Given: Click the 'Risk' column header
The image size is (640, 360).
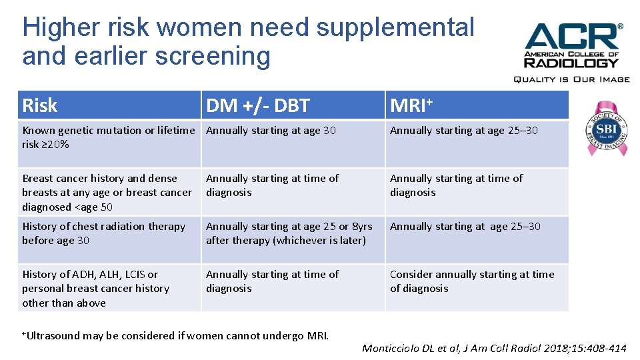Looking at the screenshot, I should click(x=40, y=105).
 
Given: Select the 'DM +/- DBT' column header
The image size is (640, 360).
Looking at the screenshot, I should click(x=258, y=105).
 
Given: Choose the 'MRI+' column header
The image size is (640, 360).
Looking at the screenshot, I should click(x=411, y=105).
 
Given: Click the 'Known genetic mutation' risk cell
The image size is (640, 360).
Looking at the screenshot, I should click(x=109, y=137).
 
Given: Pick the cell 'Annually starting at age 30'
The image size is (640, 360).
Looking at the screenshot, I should click(x=271, y=131).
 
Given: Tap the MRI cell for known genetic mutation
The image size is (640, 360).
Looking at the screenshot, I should click(x=464, y=131).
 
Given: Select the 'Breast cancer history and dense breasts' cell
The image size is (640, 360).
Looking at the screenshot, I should click(x=107, y=192).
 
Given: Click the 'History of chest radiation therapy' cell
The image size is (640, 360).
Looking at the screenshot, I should click(x=104, y=233).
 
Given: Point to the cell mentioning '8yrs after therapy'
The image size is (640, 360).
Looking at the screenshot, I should click(x=289, y=233).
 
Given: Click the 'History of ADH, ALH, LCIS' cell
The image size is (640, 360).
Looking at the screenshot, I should click(x=96, y=288).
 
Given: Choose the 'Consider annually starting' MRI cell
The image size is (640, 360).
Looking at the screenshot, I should click(x=472, y=281).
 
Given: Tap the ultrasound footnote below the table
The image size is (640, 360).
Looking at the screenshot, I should click(x=175, y=335).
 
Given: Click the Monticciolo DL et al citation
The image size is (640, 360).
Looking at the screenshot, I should click(x=494, y=348).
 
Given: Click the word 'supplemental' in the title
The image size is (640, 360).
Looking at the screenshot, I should click(x=395, y=27).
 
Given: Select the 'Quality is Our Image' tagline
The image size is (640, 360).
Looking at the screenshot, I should click(x=571, y=79).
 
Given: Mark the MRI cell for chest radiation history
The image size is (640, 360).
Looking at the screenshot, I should click(x=465, y=227).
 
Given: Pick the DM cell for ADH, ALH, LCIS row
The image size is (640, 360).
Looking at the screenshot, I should click(x=272, y=281).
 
